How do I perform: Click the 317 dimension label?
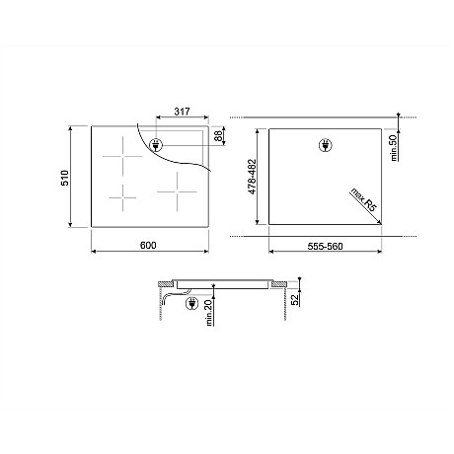click(182, 112)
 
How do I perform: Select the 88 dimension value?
click(218, 135)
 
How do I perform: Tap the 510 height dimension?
click(65, 178)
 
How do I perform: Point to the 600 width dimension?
click(148, 245)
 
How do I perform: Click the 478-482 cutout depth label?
click(252, 177)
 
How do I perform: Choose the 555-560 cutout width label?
click(325, 246)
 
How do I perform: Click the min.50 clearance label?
click(394, 148)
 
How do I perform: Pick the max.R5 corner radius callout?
click(363, 199)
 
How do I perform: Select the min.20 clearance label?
click(209, 313)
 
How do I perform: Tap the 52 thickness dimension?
click(295, 299)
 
